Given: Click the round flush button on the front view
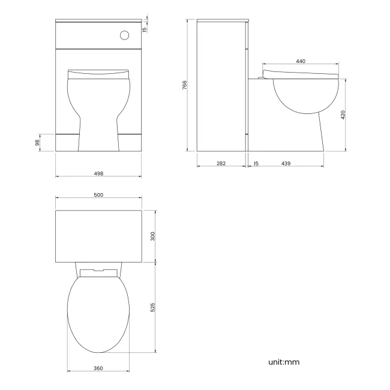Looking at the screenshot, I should pos(124,35).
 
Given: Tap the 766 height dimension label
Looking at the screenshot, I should pos(185,85).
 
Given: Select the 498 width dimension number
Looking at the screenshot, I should pos(99,173).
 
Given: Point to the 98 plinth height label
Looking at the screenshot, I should pos(37,142).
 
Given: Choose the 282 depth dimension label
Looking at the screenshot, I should pos(221,163).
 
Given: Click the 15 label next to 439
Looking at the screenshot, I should pos(256,163).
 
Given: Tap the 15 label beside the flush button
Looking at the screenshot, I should pos(144,29).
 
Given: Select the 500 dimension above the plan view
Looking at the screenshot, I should pos(99,195).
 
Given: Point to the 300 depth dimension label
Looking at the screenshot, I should pos(153,236).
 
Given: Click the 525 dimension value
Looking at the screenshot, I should pos(153,307).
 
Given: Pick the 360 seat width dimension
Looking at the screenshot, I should pos(98,368).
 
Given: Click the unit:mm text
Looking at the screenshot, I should pos(283,362).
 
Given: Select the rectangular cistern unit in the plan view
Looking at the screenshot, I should pos(98,236).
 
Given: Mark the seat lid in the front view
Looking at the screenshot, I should pos(98,74).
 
